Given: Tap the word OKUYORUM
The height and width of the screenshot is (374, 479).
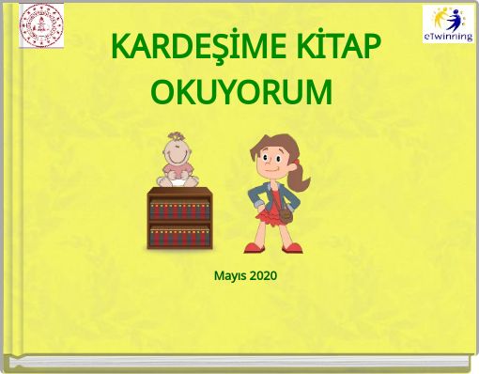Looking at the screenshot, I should (241, 93).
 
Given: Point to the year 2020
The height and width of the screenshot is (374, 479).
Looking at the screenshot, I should (264, 276).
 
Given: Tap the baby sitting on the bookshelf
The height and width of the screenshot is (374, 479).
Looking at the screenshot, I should (177, 164).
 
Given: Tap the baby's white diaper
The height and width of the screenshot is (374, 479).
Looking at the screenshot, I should (177, 181).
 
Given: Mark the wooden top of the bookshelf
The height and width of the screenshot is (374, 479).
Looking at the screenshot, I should (177, 191).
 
